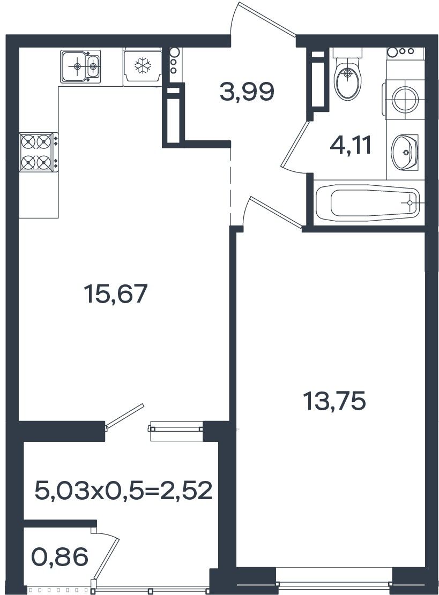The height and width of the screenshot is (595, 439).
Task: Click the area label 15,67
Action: coord(116,294)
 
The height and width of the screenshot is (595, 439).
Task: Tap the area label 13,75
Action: coord(334,402)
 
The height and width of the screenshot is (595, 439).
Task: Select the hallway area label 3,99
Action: coord(247,92)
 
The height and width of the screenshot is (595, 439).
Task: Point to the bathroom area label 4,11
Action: coord(351,145)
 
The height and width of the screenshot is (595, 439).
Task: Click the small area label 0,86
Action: coord(61,557)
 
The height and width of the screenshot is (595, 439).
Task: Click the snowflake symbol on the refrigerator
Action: coord(143,65)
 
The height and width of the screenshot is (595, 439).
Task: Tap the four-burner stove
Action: coord(39,152)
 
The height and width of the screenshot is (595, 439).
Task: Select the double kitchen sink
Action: coord(80,66)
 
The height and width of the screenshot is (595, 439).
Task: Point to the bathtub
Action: coord(368,203)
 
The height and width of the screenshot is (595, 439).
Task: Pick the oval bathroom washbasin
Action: coord(405,152)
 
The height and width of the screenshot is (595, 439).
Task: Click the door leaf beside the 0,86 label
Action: coord(106,563)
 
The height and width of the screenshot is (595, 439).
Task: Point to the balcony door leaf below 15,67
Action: coord(124,417)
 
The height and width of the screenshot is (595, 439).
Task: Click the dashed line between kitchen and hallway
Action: coord(230,186)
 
